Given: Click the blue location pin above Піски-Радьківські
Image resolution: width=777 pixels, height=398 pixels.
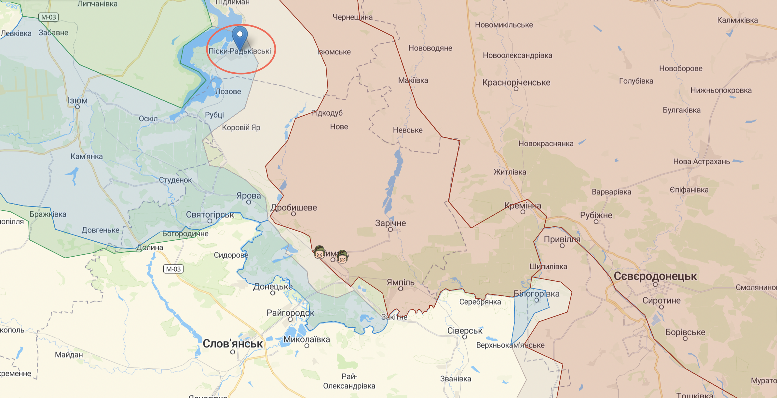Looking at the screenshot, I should point(240,37).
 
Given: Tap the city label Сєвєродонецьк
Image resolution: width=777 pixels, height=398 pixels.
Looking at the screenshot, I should point(655,276).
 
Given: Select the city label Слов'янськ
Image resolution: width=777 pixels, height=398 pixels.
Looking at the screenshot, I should point(233,344).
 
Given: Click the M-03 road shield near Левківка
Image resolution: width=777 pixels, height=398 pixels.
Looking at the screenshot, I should point(48,17).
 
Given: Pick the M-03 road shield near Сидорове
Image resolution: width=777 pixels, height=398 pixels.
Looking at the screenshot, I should point(173,269).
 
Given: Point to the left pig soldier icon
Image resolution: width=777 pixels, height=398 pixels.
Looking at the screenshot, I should point(320,252).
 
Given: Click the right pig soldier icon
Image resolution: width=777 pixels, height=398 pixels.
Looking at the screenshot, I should point(342,257).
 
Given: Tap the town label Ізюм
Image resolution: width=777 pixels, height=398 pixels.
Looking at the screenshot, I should point(77,100).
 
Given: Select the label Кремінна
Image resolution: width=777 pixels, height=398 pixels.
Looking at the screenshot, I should point(523,206).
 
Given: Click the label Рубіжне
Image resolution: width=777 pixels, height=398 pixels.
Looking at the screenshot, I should point(596,215).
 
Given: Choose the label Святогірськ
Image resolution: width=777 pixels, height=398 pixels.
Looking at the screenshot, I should point(210,215).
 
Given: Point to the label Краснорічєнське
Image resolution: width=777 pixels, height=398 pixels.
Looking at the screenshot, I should point(516,82).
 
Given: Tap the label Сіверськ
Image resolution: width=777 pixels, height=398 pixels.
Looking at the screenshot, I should point(465,331).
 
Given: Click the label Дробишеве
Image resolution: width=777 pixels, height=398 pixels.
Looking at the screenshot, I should point(294,207).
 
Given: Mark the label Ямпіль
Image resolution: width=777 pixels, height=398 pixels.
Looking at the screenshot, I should point(401,282).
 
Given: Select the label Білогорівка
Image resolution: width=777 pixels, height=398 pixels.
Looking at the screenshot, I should point(537,293).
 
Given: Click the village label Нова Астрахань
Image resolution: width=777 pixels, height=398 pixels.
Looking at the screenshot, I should point(702,162).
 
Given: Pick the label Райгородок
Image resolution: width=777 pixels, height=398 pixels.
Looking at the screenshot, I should point(290,313).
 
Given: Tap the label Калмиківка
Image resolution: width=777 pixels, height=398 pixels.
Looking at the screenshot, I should point(737,20).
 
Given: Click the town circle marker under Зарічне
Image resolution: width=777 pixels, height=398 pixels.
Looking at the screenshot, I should point(390,230).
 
